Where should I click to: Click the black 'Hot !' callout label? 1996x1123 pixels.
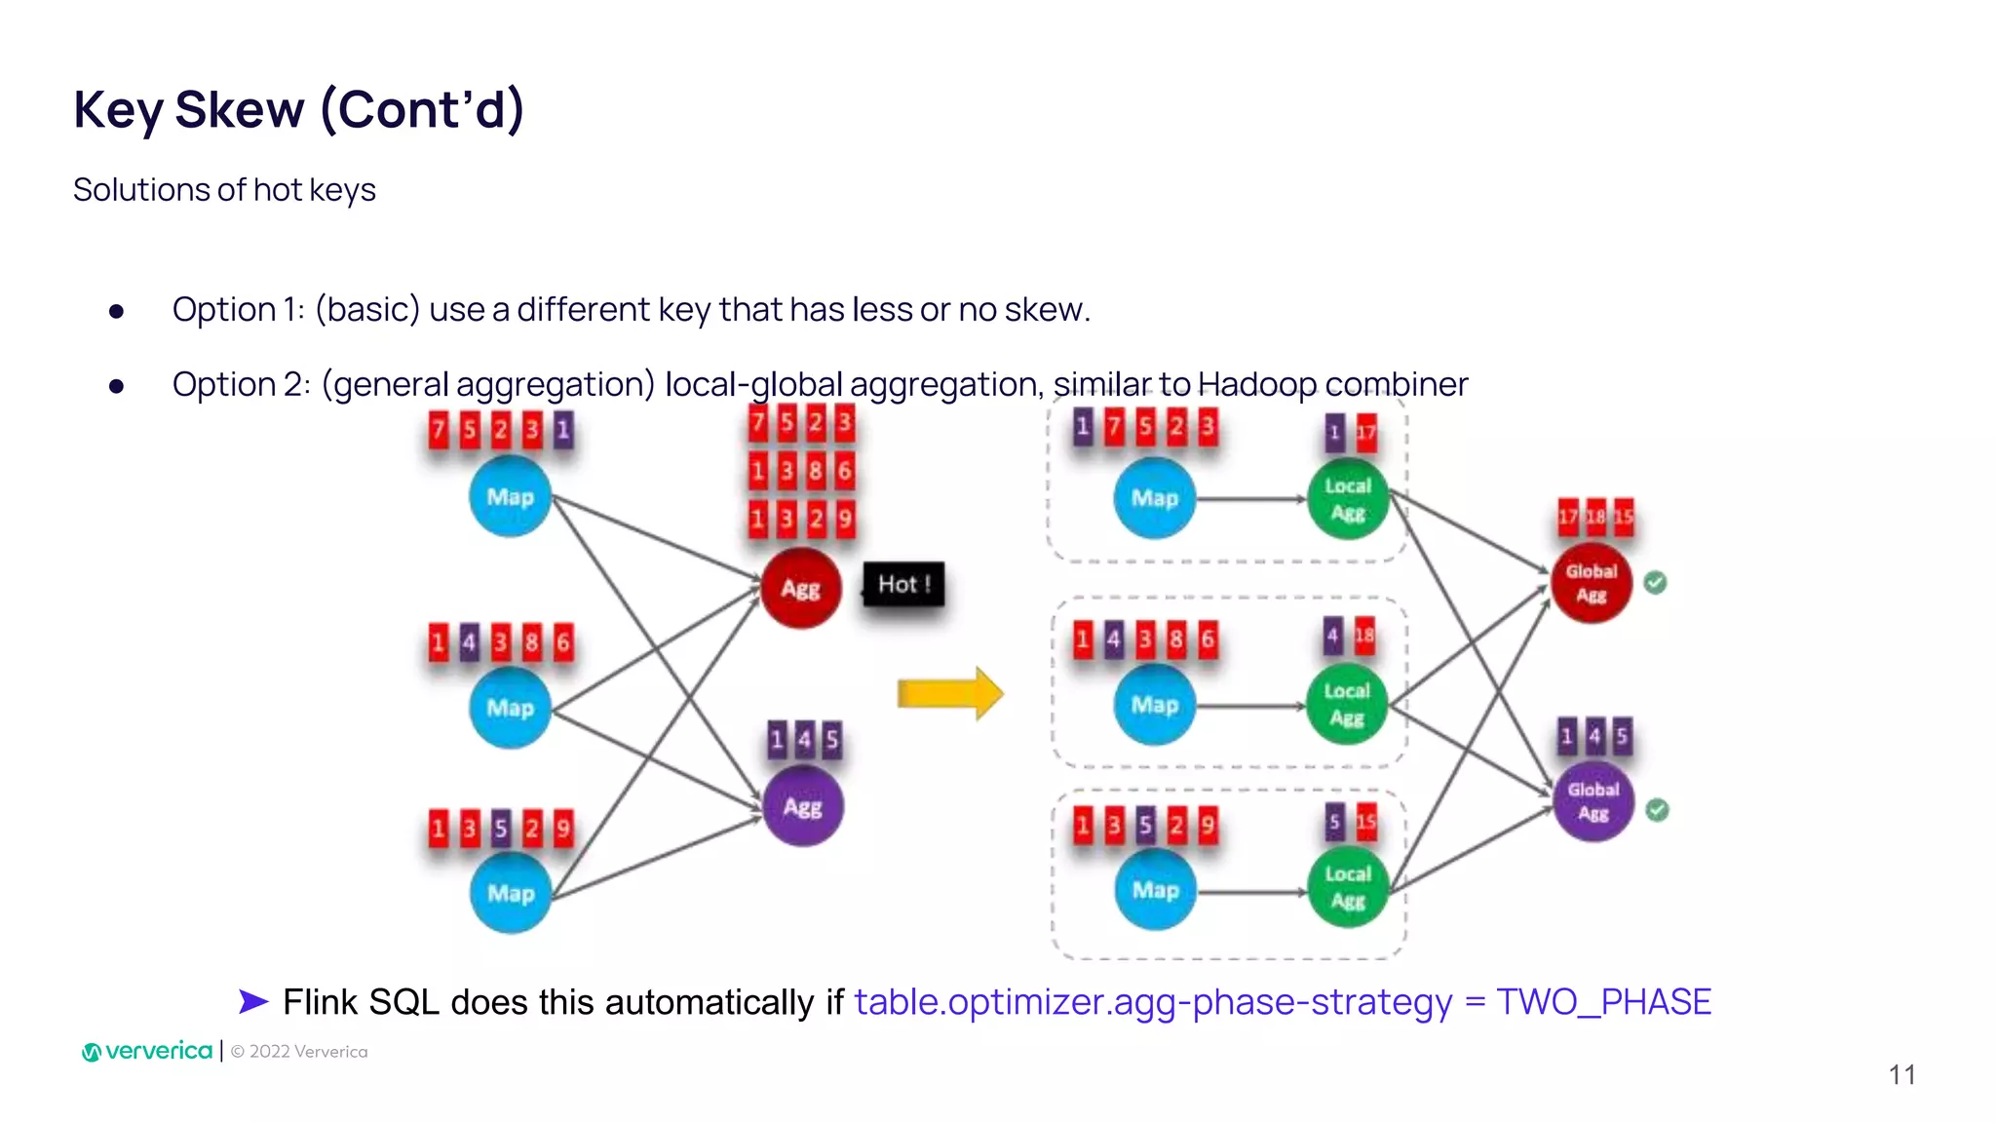(903, 584)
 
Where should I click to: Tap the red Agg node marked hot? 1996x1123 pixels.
(800, 588)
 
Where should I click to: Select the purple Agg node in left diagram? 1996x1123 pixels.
(802, 806)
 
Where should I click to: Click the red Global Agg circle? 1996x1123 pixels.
(1591, 583)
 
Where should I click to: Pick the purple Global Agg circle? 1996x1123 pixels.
(1593, 801)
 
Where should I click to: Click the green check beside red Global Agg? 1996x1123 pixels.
(1655, 583)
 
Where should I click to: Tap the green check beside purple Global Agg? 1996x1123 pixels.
(1657, 810)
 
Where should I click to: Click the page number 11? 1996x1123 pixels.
(1901, 1074)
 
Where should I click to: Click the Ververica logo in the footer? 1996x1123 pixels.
(147, 1051)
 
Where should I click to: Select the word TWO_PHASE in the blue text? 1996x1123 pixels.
(1603, 1002)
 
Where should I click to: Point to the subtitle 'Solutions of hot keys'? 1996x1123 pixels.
(224, 189)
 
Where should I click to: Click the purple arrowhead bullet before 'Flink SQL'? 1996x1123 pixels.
(253, 1001)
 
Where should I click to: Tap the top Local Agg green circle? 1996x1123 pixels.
(1348, 499)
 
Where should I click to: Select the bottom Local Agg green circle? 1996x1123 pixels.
(1348, 887)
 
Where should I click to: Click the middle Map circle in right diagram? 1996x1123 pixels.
(1155, 704)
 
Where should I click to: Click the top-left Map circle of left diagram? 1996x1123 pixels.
(510, 497)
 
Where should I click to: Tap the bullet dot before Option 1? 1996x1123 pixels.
(117, 311)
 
